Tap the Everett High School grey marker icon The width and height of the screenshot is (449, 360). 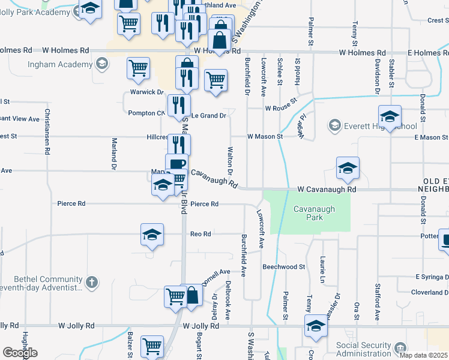point(334,125)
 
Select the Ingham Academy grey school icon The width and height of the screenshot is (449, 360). point(101,63)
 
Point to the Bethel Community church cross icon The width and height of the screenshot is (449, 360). point(91,281)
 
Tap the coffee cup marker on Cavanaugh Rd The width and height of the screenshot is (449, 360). point(176,163)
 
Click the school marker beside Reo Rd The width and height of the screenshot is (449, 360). point(152,234)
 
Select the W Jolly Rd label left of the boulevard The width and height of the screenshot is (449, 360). point(76,326)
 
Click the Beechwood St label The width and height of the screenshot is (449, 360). point(284,266)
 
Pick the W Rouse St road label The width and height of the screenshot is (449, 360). point(282,106)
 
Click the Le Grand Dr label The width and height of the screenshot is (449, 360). point(209,115)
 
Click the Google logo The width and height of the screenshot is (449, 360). point(20,353)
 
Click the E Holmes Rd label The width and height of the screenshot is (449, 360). point(428,52)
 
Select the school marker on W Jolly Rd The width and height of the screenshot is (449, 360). point(316,326)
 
